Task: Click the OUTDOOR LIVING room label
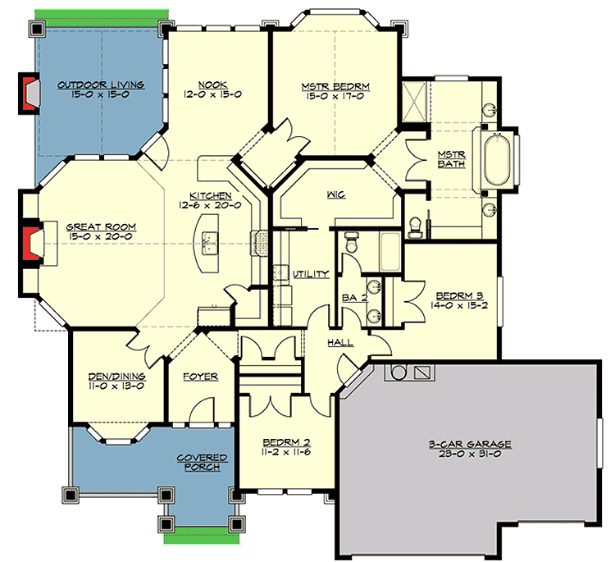click(x=101, y=84)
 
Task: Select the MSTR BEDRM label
click(x=325, y=84)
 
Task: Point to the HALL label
click(x=340, y=342)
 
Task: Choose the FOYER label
click(x=199, y=377)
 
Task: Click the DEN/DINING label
click(x=117, y=377)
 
